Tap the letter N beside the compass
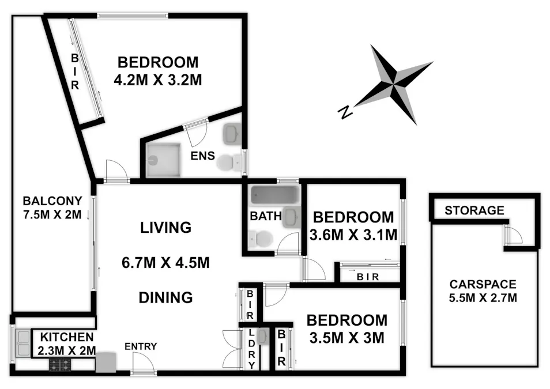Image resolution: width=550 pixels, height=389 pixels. pos(345,112)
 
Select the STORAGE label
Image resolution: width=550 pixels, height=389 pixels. pos(474,210)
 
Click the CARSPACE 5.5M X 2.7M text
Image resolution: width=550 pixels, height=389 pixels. pos(483,291)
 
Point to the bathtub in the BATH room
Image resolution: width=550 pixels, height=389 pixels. pos(274,196)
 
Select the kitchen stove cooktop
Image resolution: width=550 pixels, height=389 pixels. pos(60,364)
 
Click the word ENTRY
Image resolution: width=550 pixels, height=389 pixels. pos(141,346)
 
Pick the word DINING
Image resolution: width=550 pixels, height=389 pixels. pos(165,297)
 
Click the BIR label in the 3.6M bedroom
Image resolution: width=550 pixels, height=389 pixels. pos(368,277)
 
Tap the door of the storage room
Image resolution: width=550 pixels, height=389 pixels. pos(513,235)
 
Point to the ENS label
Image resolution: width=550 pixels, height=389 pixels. pos(204,156)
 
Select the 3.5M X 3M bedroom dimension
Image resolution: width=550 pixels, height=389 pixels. pos(346,338)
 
